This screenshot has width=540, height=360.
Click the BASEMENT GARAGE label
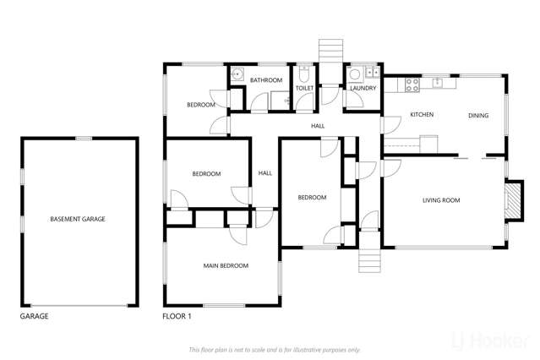tap(77, 219)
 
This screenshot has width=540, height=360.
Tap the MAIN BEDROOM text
tap(226, 265)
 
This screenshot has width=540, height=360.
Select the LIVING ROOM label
tap(440, 200)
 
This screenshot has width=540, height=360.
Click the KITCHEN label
tap(422, 114)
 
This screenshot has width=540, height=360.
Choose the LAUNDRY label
tap(363, 87)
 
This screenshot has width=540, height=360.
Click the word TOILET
tap(304, 87)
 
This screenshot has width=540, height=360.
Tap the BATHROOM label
tap(265, 80)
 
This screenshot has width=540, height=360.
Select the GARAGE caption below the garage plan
tap(34, 316)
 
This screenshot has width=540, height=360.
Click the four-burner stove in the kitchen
tap(413, 84)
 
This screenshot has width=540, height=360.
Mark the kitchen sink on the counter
tap(438, 83)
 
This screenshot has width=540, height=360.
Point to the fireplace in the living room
tap(510, 201)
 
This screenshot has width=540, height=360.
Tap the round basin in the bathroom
tap(238, 74)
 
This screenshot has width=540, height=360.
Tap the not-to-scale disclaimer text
tap(275, 349)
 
